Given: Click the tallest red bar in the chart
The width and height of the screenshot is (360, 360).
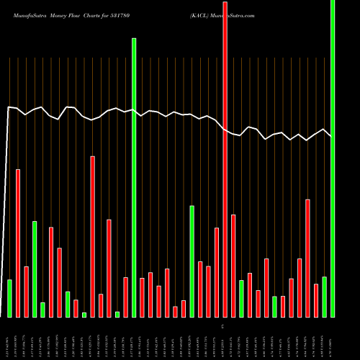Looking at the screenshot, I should (225, 158).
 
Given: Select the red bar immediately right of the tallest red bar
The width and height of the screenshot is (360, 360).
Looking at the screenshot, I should (233, 266).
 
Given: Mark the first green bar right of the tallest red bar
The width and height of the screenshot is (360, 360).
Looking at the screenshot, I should (241, 298).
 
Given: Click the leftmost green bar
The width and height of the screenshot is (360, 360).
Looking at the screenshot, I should (10, 298).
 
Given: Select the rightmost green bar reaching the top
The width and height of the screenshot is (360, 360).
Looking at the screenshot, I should (332, 158).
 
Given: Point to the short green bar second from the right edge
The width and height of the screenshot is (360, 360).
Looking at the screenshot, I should (324, 297).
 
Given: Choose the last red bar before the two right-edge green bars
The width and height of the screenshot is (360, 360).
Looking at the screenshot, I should (316, 300).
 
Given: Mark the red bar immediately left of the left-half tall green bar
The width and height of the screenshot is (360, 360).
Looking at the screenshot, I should (125, 297).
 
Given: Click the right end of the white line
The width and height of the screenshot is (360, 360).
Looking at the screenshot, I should (331, 136).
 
